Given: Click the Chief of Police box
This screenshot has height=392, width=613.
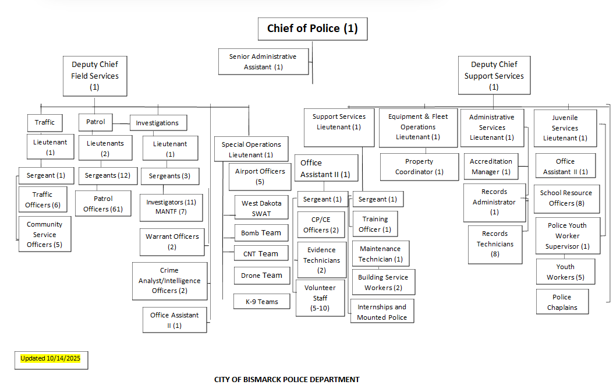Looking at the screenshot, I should (x=312, y=29).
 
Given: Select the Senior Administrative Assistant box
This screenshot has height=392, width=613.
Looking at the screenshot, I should (x=263, y=62).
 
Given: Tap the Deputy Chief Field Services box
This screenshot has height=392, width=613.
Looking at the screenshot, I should (x=94, y=76).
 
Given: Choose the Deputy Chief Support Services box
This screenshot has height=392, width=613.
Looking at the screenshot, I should (x=494, y=76).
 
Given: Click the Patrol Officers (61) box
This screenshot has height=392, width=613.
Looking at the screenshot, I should (x=103, y=204).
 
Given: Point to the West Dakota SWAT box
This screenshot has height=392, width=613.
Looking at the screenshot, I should (x=261, y=209).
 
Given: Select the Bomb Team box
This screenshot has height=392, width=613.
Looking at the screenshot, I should (x=261, y=233).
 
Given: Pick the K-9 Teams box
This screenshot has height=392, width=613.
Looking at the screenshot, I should (x=261, y=302).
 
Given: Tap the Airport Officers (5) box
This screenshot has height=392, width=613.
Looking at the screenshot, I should (x=260, y=176).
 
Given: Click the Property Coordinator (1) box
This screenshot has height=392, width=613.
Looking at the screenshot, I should (x=419, y=167).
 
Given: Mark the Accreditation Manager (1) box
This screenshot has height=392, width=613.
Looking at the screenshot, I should (x=491, y=167).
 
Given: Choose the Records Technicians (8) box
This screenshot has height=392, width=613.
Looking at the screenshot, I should (x=495, y=243).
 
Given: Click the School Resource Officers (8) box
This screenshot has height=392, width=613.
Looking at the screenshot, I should (x=566, y=198).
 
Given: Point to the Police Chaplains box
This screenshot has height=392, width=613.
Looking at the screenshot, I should (x=562, y=302).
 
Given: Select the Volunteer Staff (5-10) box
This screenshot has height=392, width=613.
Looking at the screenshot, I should (x=320, y=298).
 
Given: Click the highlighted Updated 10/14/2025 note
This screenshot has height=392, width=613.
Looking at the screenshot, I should (x=51, y=359).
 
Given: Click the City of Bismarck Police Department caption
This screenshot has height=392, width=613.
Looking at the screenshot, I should (x=287, y=380).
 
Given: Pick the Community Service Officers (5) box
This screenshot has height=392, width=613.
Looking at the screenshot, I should (x=44, y=234).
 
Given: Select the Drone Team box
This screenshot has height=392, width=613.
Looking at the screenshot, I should (x=261, y=276).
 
